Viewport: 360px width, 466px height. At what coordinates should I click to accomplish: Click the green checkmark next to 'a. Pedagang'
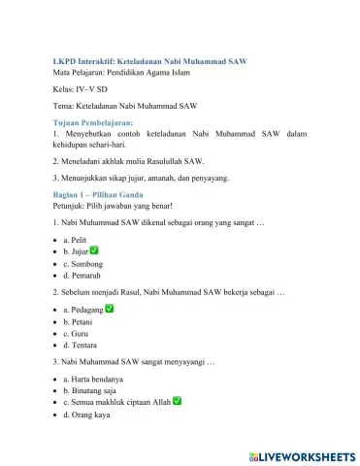point(111,309)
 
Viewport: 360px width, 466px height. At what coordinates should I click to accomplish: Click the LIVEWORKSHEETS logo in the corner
point(301,454)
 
